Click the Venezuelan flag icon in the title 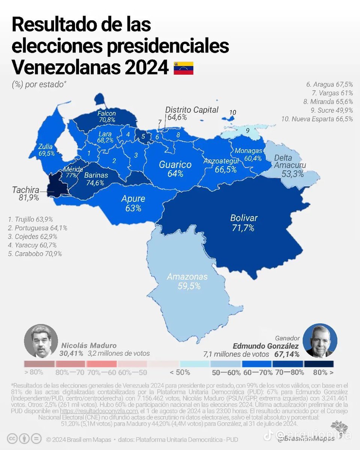pos(183,68)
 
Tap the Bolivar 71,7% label pos(244,223)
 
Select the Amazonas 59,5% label pos(187,281)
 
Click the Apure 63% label pos(133,203)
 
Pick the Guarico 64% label pos(175,169)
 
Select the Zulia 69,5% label pos(46,150)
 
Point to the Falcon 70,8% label pos(107,117)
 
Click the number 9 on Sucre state pos(247,130)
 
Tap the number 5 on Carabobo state pos(142,137)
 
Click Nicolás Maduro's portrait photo pos(40,341)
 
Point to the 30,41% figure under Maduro pos(71,353)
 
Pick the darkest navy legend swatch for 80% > pos(319,364)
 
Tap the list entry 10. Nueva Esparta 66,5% pos(317,119)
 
